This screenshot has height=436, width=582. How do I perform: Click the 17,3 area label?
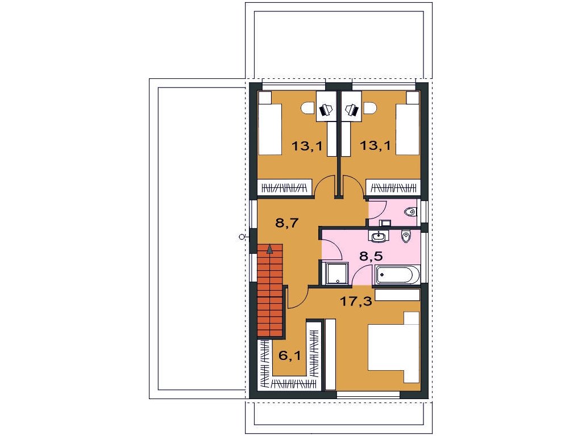click(356, 301)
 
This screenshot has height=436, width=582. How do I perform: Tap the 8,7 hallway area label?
click(287, 223)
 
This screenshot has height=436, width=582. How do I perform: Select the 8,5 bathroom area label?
click(371, 256)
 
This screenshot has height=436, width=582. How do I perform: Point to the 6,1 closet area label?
click(290, 356)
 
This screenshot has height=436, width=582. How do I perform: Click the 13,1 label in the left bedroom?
click(307, 146)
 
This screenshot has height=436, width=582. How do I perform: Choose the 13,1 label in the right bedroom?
click(376, 145)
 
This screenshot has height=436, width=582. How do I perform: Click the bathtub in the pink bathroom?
click(397, 275)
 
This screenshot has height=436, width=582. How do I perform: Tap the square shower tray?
click(336, 274)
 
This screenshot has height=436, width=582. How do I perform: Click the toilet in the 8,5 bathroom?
click(406, 236)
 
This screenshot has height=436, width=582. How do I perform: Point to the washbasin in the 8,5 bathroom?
click(379, 236)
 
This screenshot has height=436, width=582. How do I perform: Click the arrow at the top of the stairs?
click(269, 249)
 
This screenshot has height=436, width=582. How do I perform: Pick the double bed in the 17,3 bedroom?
click(393, 347)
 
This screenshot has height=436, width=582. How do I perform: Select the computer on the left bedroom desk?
click(326, 110)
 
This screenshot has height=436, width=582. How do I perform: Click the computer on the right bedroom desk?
click(352, 110)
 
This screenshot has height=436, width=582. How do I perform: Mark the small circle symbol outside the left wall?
click(242, 237)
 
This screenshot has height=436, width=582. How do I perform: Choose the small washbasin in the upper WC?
click(385, 223)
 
